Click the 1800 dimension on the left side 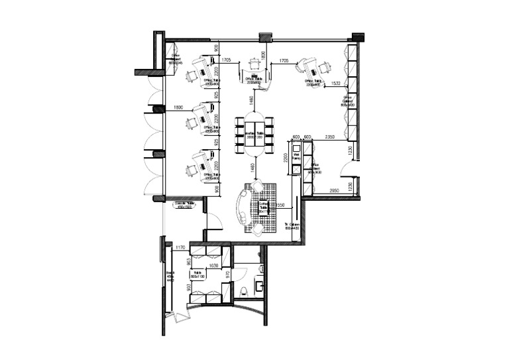pyautogui.click(x=178, y=107)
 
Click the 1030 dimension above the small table pyautogui.click(x=213, y=266)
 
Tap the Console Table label pyautogui.click(x=184, y=206)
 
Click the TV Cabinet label pyautogui.click(x=292, y=227)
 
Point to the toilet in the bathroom pyautogui.click(x=245, y=288)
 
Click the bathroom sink pyautogui.click(x=259, y=286)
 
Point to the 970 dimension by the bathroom pyautogui.click(x=227, y=274)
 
